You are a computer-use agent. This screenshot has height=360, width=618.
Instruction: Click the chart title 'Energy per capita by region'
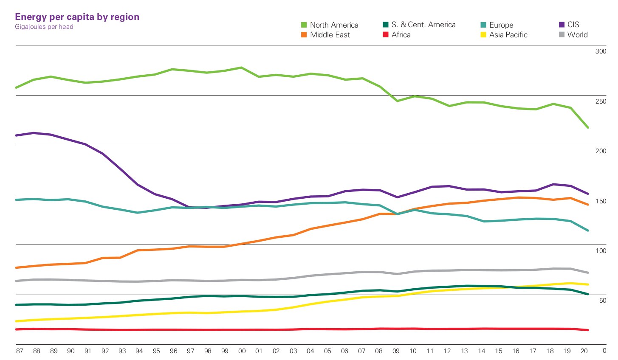point(77,17)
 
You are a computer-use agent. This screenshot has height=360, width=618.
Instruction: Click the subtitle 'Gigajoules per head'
point(44,27)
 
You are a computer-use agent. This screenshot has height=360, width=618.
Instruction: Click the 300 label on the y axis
point(601,51)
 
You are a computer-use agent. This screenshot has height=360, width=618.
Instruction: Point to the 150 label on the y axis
point(601,201)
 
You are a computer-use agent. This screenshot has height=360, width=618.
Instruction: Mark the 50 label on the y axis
point(602,301)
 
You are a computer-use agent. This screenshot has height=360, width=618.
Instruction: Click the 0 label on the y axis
point(604,351)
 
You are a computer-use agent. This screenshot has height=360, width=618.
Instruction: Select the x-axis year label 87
point(20,351)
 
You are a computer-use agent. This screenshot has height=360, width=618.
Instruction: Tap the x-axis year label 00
point(242,351)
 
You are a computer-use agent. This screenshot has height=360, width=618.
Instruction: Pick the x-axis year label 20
point(584,351)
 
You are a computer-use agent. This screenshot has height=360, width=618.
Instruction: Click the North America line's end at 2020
point(588,127)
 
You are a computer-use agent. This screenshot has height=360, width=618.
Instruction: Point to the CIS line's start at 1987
point(16,135)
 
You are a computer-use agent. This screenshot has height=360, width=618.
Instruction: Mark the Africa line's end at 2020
point(588,330)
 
